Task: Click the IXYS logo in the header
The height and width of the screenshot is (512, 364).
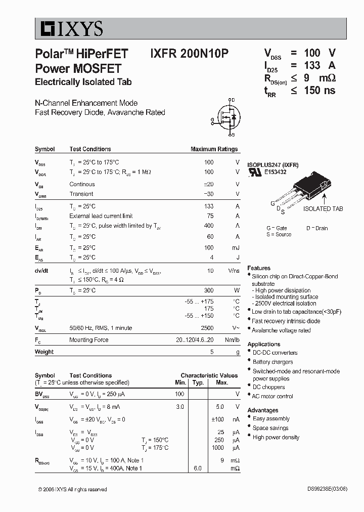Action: (x=69, y=29)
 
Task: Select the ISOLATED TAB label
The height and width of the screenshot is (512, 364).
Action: (x=323, y=208)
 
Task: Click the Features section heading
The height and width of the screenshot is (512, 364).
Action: (x=259, y=268)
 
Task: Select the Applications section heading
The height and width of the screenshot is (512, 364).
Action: (x=264, y=344)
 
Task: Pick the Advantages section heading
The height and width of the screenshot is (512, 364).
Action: (x=263, y=410)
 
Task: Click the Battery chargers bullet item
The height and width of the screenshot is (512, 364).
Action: (x=272, y=362)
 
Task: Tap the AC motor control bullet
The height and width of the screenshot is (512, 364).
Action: (x=272, y=396)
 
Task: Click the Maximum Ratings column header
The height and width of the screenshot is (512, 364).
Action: (x=214, y=149)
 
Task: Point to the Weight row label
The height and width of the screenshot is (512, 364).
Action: (x=44, y=352)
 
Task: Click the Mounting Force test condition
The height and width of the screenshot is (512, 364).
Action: (x=88, y=340)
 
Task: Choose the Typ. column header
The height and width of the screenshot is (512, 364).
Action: (x=198, y=382)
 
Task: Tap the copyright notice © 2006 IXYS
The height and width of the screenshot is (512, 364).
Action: (x=72, y=489)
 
